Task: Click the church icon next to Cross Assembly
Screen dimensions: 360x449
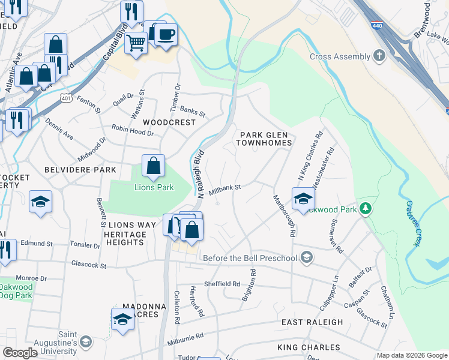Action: pyautogui.click(x=379, y=56)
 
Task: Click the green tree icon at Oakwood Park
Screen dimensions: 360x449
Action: pyautogui.click(x=366, y=209)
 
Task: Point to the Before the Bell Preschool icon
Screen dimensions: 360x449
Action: pyautogui.click(x=307, y=258)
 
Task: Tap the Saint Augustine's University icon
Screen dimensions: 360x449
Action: pyautogui.click(x=86, y=341)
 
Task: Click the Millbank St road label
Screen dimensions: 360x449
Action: pyautogui.click(x=224, y=188)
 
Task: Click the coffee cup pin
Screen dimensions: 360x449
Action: pyautogui.click(x=166, y=33)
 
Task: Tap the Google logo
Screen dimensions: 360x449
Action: pyautogui.click(x=20, y=353)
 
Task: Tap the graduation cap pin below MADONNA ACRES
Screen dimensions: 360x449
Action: pyautogui.click(x=122, y=320)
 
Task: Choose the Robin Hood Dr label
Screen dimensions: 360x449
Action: pyautogui.click(x=133, y=129)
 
